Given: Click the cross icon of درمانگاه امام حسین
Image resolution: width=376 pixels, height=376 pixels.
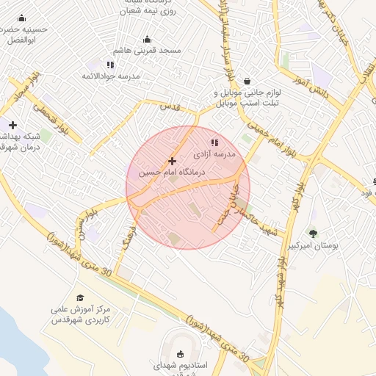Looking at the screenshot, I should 172,161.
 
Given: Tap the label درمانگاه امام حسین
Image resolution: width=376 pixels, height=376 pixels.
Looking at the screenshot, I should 173,173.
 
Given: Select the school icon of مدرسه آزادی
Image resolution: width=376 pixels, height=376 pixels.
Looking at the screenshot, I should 214,142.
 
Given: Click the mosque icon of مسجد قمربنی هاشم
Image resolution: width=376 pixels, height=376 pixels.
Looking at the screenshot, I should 147,40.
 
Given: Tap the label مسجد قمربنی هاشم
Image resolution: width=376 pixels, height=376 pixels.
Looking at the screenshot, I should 147,51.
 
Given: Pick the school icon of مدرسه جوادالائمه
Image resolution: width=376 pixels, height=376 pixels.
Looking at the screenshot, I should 110,65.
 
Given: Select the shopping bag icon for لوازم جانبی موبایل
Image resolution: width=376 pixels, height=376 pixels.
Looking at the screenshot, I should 247,81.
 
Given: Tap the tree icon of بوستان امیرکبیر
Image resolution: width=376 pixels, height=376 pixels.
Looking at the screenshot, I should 313,234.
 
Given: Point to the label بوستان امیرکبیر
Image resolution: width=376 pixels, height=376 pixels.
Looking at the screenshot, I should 315,246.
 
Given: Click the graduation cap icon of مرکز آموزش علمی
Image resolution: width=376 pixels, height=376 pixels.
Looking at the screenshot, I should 80,297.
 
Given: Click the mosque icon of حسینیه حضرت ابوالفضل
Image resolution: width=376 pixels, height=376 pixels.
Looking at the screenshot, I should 21,18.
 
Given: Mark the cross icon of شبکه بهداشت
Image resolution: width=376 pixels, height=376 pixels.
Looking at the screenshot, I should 12,125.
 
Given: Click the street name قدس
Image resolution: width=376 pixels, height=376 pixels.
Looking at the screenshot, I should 170,106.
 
